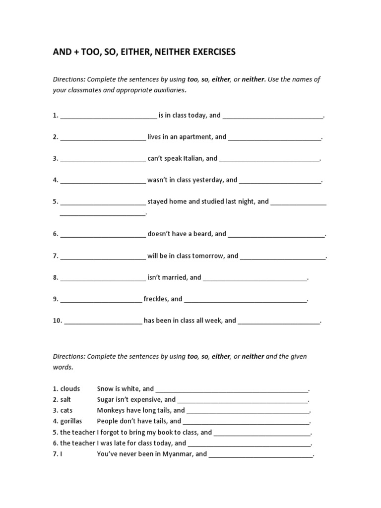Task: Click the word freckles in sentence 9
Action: point(156,299)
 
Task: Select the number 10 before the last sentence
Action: point(57,320)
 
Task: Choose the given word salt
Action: point(66,399)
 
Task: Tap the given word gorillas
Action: point(71,421)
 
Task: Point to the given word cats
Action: point(66,410)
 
